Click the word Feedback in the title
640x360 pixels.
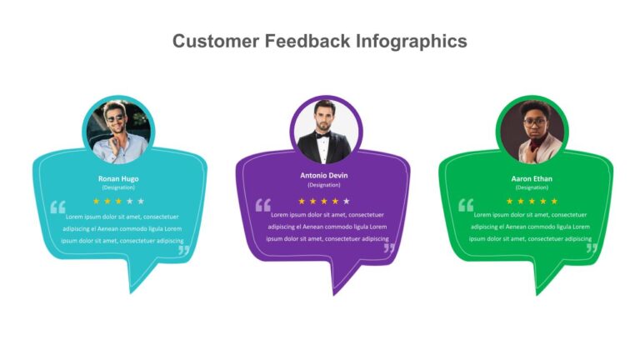[307, 41]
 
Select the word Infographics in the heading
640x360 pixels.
[412, 42]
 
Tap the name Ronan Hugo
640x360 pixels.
[118, 179]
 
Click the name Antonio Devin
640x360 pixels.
[323, 176]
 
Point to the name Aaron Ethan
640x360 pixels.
[532, 179]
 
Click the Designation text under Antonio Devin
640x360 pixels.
[323, 185]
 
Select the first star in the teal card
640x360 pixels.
[97, 201]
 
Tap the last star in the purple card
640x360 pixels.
[347, 201]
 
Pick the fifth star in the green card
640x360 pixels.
[554, 201]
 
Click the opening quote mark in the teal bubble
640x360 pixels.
[58, 207]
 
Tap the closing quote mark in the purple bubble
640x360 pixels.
[389, 248]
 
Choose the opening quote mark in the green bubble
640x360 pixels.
[466, 205]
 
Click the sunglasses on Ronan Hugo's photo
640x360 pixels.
[115, 119]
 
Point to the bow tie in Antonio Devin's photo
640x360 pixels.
[322, 135]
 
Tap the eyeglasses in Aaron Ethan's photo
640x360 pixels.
[534, 122]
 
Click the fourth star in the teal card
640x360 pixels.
[130, 201]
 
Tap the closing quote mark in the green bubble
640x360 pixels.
[592, 248]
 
